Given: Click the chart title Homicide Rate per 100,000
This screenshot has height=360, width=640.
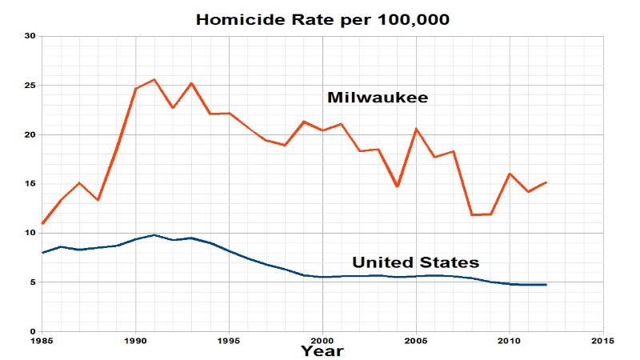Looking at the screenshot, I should pos(323,18).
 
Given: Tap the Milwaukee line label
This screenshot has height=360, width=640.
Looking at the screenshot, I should pos(378,98).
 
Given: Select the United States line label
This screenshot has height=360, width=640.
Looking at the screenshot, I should pos(416,262).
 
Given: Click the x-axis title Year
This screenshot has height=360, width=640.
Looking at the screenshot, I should pos(322,350).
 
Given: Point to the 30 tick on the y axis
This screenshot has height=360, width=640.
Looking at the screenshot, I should pos(30,36).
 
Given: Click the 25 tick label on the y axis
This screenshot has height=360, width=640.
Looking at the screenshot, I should pos(30,86).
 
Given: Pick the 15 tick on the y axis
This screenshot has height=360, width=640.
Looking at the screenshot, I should pos(30,184).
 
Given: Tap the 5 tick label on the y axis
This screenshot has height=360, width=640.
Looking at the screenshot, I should pos(33,282).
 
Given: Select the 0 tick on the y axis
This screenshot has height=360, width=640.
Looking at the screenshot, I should pos(33,331).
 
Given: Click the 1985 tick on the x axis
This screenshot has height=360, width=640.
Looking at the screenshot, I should pos(42,340).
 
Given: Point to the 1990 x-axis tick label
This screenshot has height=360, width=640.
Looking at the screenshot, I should pos(135,340).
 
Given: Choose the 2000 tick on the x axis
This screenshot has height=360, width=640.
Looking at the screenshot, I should pos(322,340).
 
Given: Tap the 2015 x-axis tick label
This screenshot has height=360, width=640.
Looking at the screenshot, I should pos(603,340).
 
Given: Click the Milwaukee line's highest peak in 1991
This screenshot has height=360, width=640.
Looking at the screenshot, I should pos(154,79).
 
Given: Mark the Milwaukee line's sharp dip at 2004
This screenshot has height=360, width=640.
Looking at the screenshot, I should pos(398,186).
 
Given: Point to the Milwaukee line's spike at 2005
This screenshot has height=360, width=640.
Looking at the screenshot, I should pos(416,129).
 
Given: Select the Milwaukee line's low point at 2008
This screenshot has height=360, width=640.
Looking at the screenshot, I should pos(472,215).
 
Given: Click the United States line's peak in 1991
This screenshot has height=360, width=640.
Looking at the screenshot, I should pos(154,235).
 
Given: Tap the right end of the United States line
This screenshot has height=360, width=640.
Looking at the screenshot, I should pos(546,285).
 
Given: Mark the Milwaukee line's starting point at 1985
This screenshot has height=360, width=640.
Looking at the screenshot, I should pos(42,224).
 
